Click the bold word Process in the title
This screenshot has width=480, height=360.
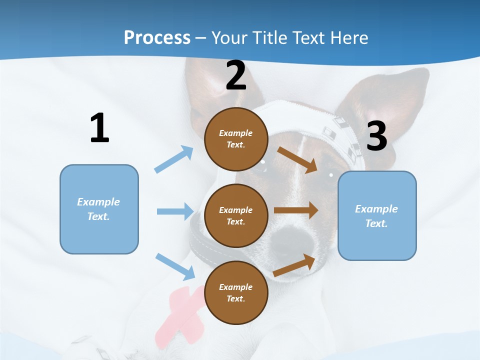point(157,37)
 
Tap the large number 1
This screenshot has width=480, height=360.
point(99,128)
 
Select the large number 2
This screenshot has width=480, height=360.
point(236,75)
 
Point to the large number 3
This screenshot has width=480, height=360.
point(376,136)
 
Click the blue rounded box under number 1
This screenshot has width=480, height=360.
point(99,209)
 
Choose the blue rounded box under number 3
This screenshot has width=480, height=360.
point(377,215)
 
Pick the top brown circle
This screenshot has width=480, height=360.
point(236,139)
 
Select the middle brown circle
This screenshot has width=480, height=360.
point(236,215)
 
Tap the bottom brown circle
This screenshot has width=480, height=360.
point(236,292)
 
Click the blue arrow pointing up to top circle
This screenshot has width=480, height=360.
point(174,159)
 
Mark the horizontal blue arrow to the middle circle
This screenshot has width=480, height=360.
point(175,211)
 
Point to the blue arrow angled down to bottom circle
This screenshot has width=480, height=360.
point(175,266)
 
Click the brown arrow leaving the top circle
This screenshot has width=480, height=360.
point(297,159)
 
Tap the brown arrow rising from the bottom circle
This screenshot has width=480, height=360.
point(294,265)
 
